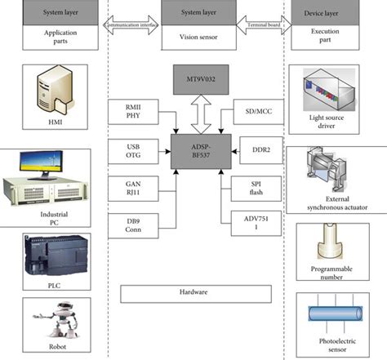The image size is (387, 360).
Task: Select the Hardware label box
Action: click(193, 292)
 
